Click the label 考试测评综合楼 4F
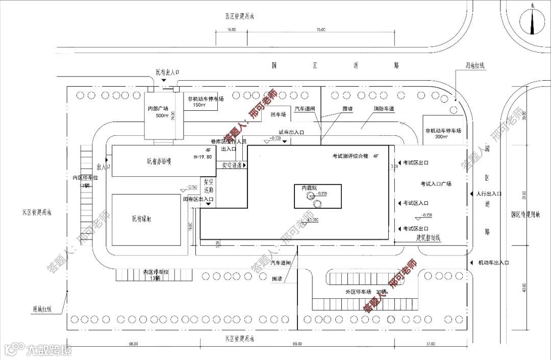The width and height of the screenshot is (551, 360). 355,155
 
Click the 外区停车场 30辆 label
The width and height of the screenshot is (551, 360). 366,292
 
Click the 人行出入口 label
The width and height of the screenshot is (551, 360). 490,194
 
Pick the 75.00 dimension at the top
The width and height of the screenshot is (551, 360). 320,30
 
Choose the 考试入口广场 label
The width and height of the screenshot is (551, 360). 436,183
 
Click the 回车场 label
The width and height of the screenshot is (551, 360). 279,115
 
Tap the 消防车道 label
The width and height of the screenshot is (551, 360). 385,109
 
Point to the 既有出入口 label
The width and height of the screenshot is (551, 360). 167,74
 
